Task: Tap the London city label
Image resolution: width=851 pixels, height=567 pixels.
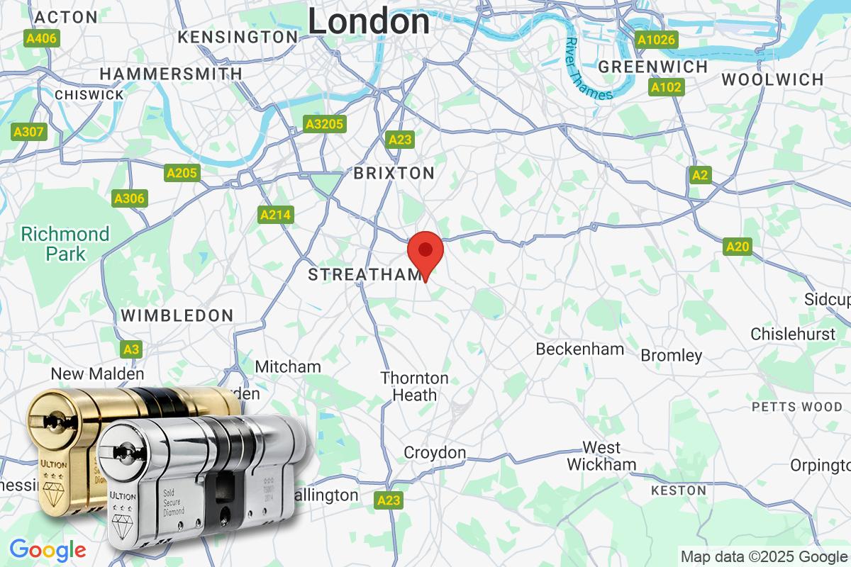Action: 369,21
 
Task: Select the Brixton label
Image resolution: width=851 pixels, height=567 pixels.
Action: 394,173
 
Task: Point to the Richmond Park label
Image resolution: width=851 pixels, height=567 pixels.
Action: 65,243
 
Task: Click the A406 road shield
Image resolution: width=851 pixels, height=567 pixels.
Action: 40,38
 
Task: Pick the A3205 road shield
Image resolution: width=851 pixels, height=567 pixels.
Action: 324,125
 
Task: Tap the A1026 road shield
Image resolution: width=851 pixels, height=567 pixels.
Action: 656,40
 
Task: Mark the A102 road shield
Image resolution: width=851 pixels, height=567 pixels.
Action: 667,88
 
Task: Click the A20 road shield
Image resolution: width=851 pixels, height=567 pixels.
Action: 738,247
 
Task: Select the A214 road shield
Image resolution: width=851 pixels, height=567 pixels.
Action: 276,215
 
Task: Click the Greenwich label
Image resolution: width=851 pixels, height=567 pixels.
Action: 653,67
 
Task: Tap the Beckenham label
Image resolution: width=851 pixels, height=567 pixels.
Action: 580,349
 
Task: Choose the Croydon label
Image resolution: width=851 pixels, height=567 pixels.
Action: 435,452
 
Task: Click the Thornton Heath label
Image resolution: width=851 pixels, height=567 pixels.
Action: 415,386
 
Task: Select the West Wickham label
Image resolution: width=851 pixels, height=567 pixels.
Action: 601,456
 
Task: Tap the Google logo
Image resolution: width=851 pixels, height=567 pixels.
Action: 48,549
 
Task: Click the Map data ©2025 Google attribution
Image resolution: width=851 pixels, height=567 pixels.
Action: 764,556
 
